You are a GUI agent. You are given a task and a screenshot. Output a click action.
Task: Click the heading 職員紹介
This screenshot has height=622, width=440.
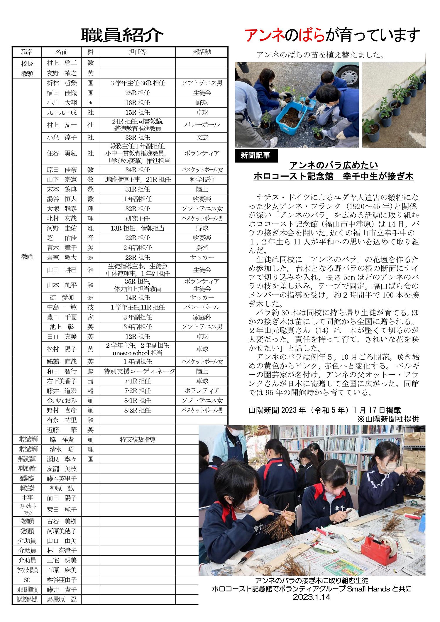coord(122,36)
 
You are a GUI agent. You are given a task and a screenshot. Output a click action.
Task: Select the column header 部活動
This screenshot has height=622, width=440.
coord(202,52)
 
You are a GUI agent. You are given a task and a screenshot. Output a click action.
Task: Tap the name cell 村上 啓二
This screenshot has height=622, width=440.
coord(62,63)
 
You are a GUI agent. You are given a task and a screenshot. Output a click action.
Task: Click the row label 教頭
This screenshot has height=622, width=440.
coord(27,73)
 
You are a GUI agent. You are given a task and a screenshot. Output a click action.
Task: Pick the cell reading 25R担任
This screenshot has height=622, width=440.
coord(138,93)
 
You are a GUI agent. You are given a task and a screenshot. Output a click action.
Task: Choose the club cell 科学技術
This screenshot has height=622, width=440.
coord(202,180)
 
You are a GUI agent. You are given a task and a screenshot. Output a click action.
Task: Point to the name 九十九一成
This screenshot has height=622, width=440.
coord(62,112)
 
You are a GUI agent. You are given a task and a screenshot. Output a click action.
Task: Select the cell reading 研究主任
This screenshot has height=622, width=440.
coord(138,219)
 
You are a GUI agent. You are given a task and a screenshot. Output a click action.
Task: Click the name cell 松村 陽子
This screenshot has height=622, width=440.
coord(62,349)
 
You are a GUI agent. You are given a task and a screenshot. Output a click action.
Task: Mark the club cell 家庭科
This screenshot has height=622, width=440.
coord(202,317)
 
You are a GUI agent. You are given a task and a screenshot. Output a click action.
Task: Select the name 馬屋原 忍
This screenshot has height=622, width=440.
coord(62,599)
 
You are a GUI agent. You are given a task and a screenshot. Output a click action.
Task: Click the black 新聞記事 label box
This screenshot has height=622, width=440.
coord(256,155)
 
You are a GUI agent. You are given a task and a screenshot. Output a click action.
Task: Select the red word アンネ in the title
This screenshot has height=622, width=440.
coord(264,36)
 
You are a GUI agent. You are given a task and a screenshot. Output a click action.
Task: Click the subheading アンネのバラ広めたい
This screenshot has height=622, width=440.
coord(334,165)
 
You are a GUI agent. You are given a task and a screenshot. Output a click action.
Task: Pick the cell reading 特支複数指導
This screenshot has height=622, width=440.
coord(138,440)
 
